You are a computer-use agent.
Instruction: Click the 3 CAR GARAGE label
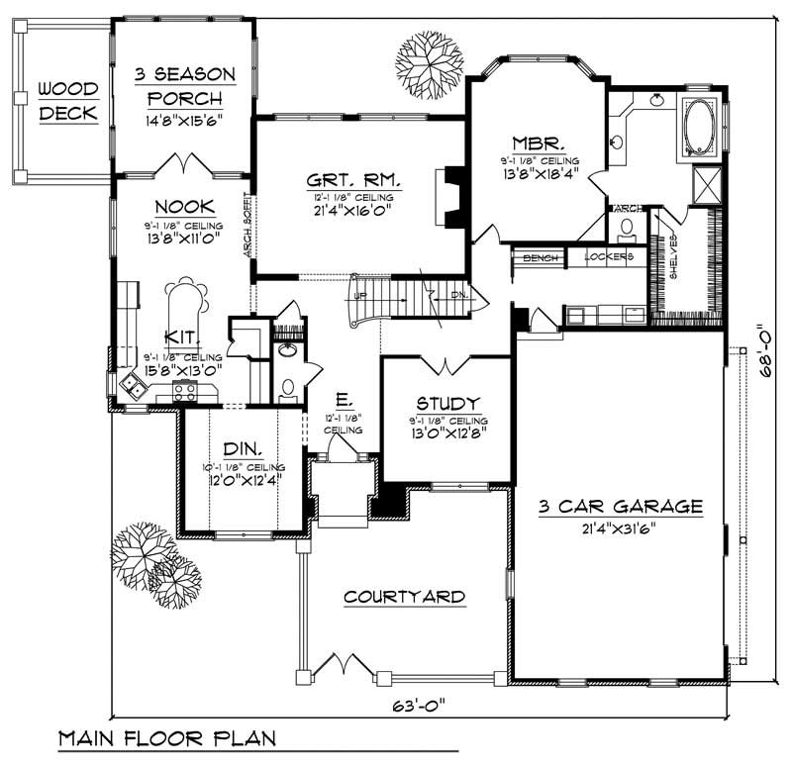(620, 506)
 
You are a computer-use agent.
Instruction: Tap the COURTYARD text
(404, 596)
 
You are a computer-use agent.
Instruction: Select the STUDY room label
(447, 403)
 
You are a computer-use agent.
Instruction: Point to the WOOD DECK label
(68, 101)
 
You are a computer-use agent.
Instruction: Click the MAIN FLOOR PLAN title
(165, 739)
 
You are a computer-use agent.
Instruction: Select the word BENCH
(541, 257)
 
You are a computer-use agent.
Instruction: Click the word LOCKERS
(608, 257)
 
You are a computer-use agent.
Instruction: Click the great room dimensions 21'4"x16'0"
(353, 210)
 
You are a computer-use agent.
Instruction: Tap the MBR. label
(539, 142)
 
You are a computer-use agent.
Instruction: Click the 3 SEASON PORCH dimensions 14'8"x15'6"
(183, 121)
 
